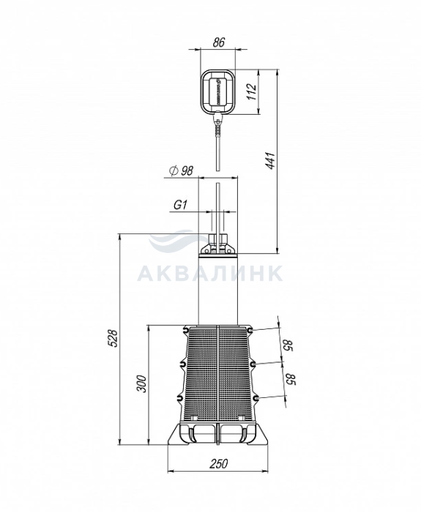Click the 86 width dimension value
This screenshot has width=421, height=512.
click(219, 42)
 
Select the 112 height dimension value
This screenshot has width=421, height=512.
click(252, 91)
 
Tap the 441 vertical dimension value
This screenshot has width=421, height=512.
click(271, 160)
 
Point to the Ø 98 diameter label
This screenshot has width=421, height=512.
click(182, 170)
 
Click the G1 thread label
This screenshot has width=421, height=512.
click(180, 205)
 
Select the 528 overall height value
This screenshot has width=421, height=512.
click(113, 338)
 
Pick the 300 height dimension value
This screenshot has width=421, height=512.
click(141, 384)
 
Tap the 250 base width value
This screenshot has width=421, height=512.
click(219, 464)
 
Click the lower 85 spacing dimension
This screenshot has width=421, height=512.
click(291, 380)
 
